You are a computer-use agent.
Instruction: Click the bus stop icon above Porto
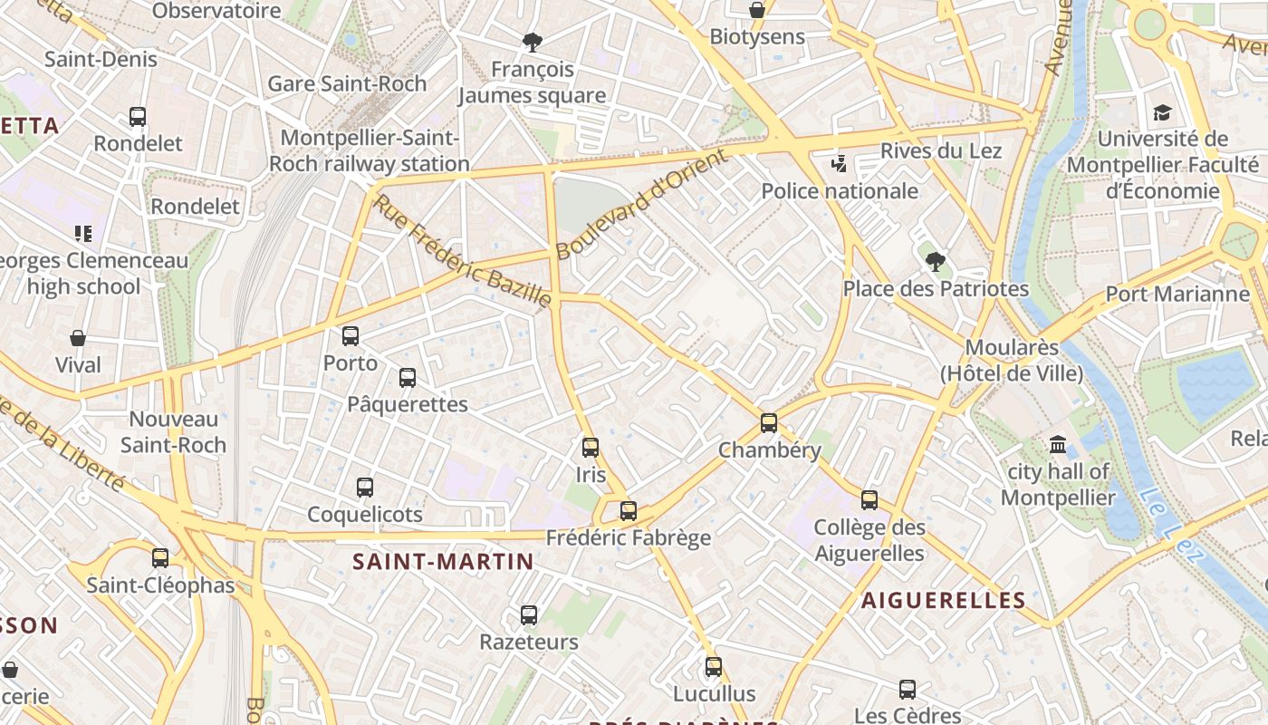(351, 336)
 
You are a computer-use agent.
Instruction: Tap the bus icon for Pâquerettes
(408, 378)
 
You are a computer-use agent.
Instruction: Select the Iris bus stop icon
(591, 448)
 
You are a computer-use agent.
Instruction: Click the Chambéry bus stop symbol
(769, 423)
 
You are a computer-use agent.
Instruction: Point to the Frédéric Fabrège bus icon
(629, 511)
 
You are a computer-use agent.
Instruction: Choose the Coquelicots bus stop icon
(365, 488)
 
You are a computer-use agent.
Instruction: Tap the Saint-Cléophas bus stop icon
(160, 558)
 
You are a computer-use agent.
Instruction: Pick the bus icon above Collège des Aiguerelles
(869, 500)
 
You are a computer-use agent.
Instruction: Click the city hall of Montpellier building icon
(1058, 444)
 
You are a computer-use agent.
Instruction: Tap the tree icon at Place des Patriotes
(936, 262)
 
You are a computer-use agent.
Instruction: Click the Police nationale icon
(840, 164)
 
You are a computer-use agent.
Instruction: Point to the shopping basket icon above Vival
(78, 338)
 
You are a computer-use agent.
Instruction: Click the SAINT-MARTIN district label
(443, 562)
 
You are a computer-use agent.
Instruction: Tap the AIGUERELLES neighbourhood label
(943, 600)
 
